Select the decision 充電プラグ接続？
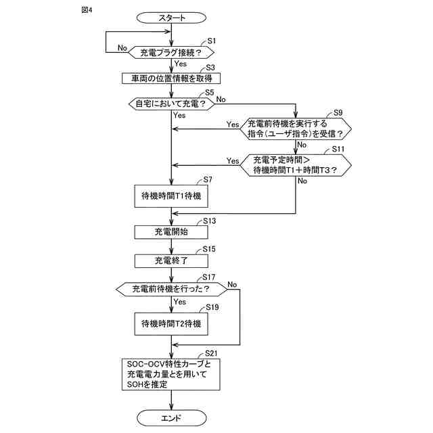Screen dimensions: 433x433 click(x=172, y=51)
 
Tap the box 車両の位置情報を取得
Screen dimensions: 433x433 click(x=172, y=78)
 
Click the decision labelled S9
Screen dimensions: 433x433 click(x=296, y=129)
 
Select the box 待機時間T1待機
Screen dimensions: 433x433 click(x=172, y=196)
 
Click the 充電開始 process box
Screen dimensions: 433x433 click(x=172, y=231)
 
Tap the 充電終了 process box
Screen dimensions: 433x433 click(x=172, y=260)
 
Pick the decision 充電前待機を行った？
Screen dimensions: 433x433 click(x=172, y=289)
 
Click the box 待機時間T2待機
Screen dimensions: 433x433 click(x=172, y=323)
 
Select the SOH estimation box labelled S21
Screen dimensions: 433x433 click(x=172, y=373)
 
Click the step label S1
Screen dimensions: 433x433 click(x=211, y=41)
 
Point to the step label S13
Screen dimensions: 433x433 click(x=209, y=221)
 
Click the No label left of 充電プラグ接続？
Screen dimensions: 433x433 click(x=122, y=48)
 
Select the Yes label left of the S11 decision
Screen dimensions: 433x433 click(x=233, y=161)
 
